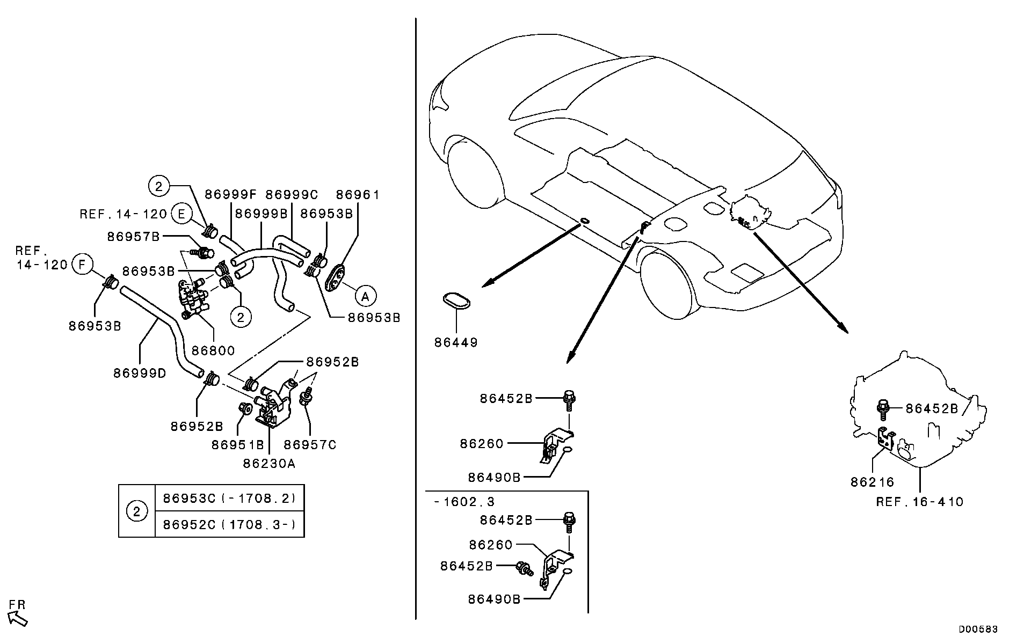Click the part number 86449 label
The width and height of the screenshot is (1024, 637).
455,342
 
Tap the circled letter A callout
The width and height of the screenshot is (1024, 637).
365,296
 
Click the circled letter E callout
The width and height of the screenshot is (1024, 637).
182,214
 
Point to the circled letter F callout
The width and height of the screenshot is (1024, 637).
82,264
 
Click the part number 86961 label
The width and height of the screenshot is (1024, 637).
358,194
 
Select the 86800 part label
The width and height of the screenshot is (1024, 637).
213,350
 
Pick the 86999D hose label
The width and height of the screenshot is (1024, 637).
140,372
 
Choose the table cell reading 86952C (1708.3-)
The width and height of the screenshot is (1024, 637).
229,524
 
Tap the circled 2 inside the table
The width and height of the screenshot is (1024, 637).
137,511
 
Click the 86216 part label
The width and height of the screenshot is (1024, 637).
872,482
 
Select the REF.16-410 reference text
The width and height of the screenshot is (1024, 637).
919,502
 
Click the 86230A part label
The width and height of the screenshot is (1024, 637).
269,463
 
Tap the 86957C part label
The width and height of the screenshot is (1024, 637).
310,444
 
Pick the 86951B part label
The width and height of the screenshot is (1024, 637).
238,444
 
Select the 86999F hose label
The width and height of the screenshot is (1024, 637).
231,194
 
